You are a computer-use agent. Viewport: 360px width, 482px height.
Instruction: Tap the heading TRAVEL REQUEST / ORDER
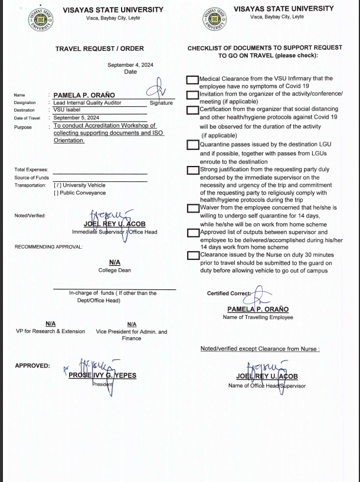(100, 48)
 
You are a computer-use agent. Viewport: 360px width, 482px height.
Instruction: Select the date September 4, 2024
(130, 65)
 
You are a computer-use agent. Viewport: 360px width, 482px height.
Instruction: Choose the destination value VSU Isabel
(67, 110)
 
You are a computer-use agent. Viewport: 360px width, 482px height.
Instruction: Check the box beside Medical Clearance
(192, 80)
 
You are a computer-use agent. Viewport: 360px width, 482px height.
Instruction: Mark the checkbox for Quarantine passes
(192, 145)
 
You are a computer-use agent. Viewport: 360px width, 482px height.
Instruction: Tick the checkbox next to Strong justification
(192, 170)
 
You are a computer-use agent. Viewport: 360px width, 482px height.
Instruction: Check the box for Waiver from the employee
(192, 208)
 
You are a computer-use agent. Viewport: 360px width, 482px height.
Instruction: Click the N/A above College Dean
(114, 262)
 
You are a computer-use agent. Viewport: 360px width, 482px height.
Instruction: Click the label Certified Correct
(229, 294)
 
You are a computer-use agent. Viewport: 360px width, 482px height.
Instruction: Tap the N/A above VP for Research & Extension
(51, 324)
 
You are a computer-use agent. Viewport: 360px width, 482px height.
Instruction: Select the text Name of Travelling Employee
(257, 317)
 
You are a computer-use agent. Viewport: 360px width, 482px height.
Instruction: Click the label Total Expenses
(31, 170)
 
